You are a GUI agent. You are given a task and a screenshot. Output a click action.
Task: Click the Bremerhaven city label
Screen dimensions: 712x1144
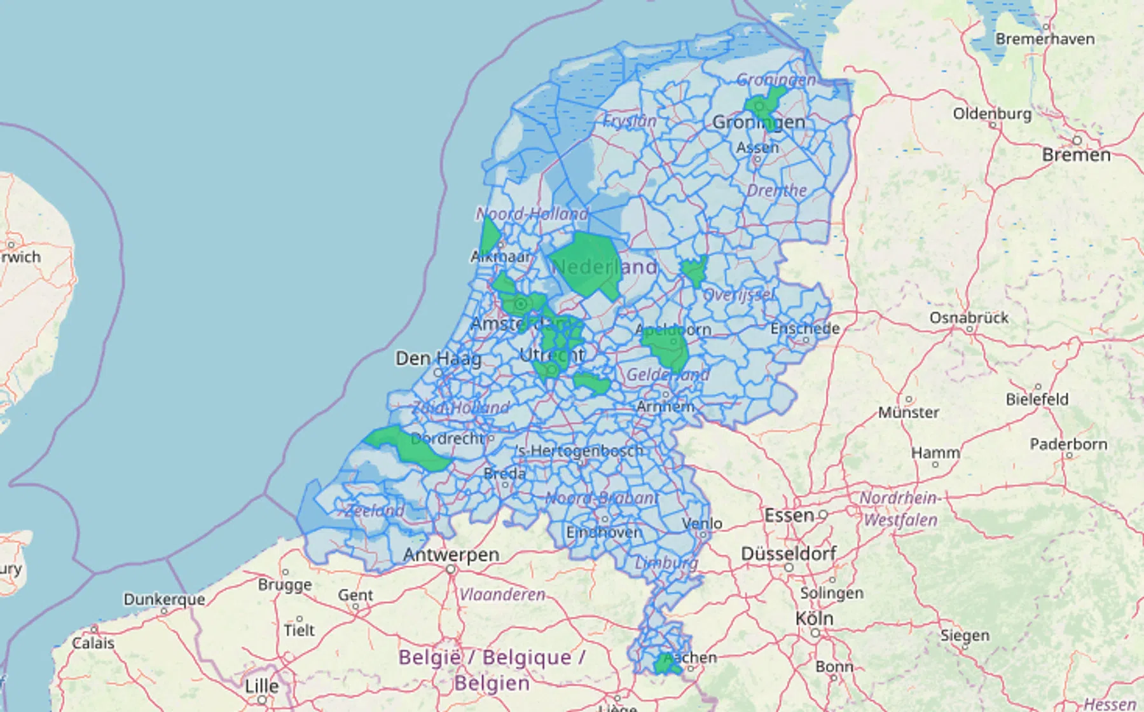pyautogui.click(x=1045, y=39)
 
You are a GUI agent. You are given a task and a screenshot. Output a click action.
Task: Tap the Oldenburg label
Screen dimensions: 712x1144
pyautogui.click(x=992, y=114)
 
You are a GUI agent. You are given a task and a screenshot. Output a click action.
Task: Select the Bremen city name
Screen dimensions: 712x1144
pyautogui.click(x=1076, y=154)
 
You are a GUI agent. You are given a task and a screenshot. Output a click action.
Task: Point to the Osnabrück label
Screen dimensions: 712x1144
pyautogui.click(x=968, y=317)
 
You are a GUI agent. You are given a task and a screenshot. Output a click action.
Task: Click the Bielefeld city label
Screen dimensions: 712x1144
pyautogui.click(x=1037, y=399)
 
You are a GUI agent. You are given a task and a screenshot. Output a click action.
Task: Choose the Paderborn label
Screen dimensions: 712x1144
pyautogui.click(x=1068, y=444)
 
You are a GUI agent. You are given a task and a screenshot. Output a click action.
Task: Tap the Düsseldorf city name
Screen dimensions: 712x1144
pyautogui.click(x=789, y=553)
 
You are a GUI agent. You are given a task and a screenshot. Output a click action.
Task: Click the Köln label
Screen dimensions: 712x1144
pyautogui.click(x=814, y=618)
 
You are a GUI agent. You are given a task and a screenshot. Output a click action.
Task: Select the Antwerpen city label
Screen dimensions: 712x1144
pyautogui.click(x=451, y=554)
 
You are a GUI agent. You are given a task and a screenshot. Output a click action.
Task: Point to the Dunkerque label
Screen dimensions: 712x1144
pyautogui.click(x=164, y=599)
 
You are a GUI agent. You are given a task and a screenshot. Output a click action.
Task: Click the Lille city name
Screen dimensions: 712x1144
pyautogui.click(x=261, y=686)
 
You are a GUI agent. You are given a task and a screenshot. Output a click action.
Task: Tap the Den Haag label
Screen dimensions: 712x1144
pyautogui.click(x=438, y=359)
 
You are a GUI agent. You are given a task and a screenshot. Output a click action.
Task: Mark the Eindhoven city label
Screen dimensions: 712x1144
pyautogui.click(x=603, y=532)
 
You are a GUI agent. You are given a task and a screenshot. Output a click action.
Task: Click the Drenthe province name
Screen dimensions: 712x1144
pyautogui.click(x=776, y=190)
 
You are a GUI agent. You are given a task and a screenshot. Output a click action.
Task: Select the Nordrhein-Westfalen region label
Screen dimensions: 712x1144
pyautogui.click(x=899, y=509)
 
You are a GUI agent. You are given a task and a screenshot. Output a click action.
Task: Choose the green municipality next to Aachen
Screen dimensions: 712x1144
pyautogui.click(x=665, y=665)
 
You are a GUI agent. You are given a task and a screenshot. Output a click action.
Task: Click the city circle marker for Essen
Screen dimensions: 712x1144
pyautogui.click(x=823, y=514)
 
